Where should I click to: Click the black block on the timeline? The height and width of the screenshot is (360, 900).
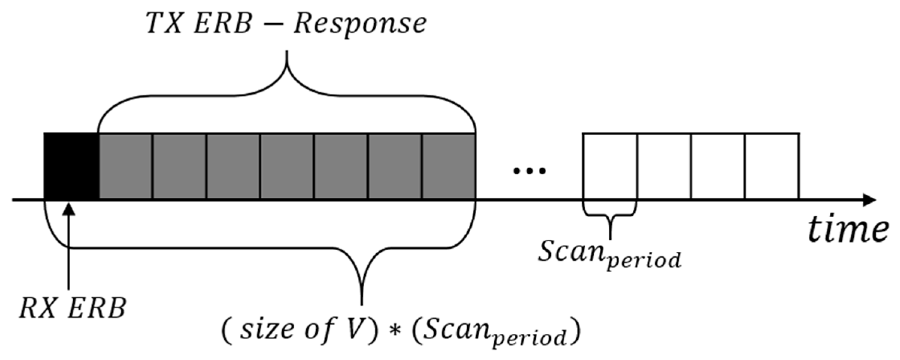[x=71, y=166]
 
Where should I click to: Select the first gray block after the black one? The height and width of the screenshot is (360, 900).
[x=126, y=166]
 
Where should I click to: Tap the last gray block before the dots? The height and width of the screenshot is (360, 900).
[x=448, y=166]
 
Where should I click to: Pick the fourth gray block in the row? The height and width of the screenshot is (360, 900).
[x=287, y=166]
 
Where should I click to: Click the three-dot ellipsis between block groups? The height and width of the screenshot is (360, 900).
[x=529, y=171]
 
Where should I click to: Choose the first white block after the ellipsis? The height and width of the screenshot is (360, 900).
[x=610, y=166]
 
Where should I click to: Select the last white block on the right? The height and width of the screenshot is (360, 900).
[x=772, y=166]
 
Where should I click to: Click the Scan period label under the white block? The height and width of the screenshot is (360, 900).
[x=609, y=254]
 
